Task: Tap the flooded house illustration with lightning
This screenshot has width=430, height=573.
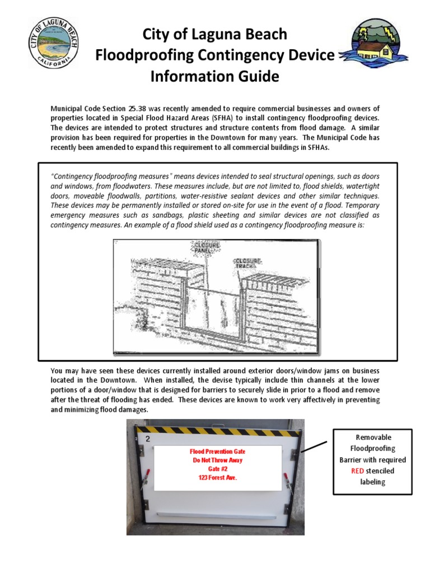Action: click(x=375, y=44)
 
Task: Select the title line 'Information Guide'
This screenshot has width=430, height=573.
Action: click(x=214, y=76)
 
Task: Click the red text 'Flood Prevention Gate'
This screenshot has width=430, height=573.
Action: click(x=218, y=451)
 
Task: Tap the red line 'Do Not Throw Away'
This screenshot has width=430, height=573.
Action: click(x=218, y=460)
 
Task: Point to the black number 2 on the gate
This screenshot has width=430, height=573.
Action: click(x=148, y=439)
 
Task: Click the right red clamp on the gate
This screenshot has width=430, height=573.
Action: click(x=287, y=480)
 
